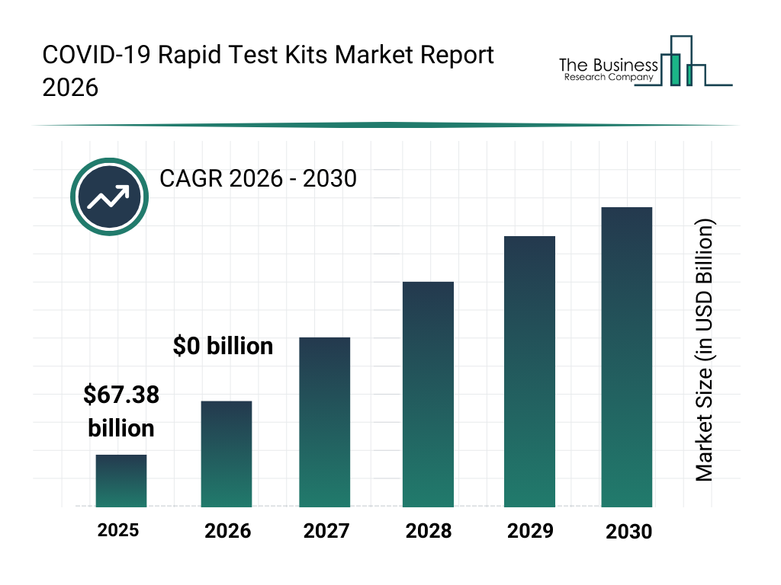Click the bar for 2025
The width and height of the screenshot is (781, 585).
121,481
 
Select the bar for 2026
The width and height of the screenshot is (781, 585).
227,454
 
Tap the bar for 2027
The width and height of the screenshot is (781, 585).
325,422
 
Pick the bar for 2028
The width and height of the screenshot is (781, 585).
428,395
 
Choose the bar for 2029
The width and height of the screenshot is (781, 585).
529,372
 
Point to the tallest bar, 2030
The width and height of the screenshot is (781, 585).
627,357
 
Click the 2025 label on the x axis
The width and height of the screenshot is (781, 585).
118,529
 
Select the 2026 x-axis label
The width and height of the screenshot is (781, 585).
227,531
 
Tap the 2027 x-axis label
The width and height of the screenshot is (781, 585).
326,531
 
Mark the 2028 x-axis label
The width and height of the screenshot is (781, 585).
428,531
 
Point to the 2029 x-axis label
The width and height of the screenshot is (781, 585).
530,531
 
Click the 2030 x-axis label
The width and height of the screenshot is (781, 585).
628,532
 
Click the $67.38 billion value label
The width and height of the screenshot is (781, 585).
121,411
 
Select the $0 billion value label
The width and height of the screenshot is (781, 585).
223,346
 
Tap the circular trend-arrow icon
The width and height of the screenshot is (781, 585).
108,197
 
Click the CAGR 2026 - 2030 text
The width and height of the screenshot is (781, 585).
258,179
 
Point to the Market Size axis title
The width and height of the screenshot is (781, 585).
704,350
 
